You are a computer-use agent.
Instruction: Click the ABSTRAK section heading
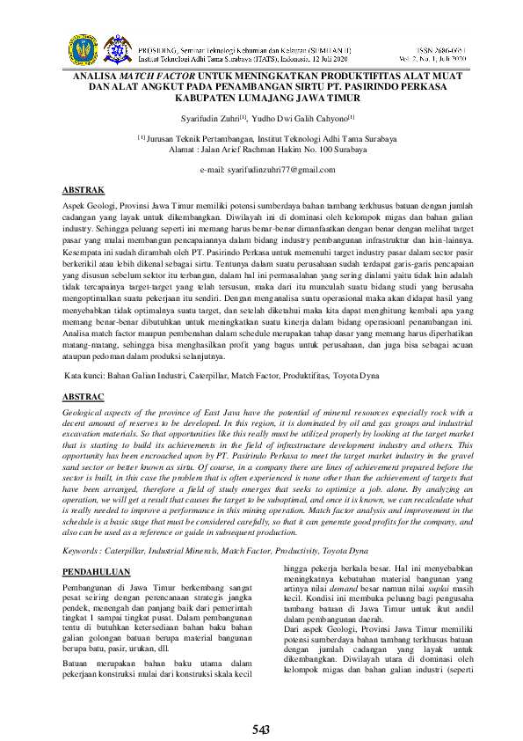84,189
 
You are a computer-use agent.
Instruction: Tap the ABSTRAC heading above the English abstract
85,397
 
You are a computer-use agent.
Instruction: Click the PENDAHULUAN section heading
97,572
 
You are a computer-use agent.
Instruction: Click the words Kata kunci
85,376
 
